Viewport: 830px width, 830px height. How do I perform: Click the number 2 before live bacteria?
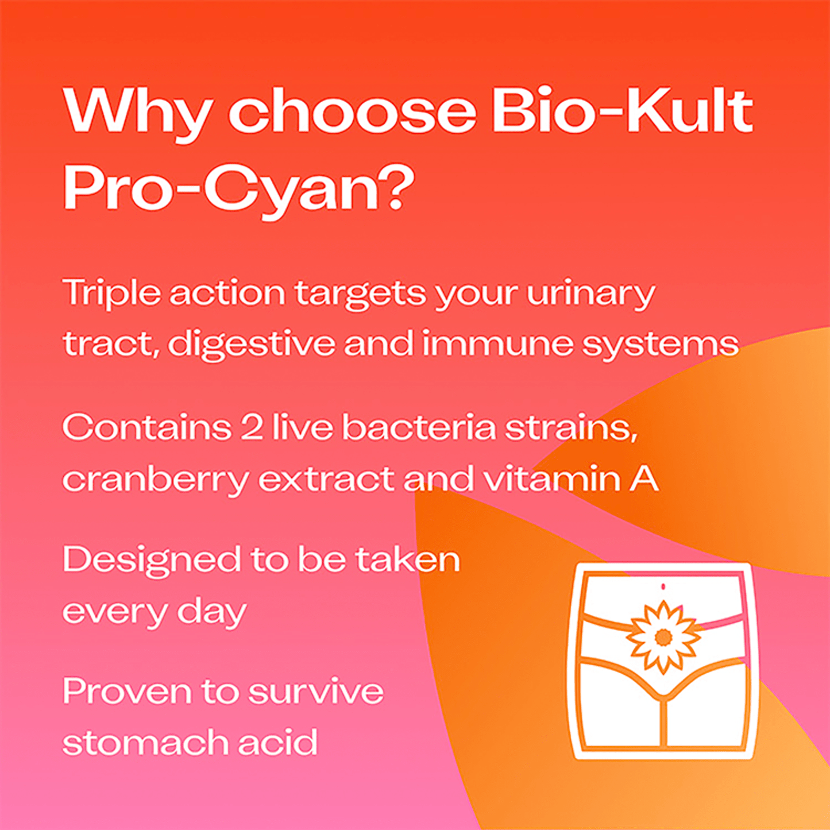(252, 428)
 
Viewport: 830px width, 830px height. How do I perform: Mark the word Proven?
(126, 691)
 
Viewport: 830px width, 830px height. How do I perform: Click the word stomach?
(144, 742)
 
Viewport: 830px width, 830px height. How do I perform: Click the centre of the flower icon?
(663, 637)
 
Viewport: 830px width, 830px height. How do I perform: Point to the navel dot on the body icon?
(663, 586)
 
